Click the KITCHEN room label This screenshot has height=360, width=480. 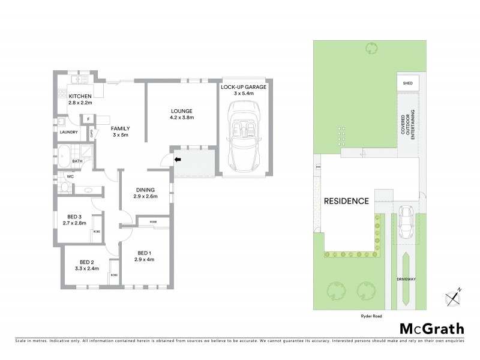[x=80, y=97]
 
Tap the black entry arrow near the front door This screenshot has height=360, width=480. [x=178, y=160]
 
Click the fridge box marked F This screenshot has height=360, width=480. [x=88, y=119]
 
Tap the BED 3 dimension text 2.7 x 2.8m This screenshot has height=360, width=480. [x=75, y=223]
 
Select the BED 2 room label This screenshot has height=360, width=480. [x=87, y=262]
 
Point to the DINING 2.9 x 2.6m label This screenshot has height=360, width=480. [x=145, y=193]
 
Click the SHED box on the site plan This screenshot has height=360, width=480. [x=408, y=83]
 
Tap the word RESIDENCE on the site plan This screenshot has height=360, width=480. [x=346, y=201]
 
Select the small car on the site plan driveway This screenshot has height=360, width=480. [x=406, y=220]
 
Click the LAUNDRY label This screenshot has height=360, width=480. [x=70, y=132]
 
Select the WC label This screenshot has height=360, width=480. [x=70, y=176]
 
